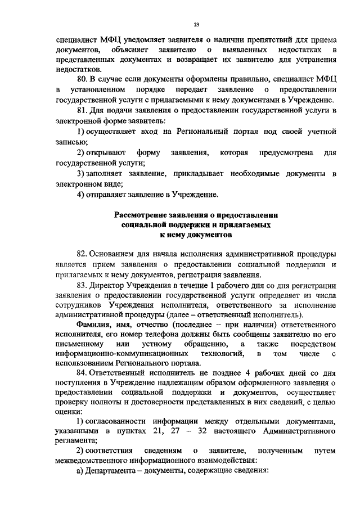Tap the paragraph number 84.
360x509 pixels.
[x=82, y=373]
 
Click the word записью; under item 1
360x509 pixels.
[x=72, y=142]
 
